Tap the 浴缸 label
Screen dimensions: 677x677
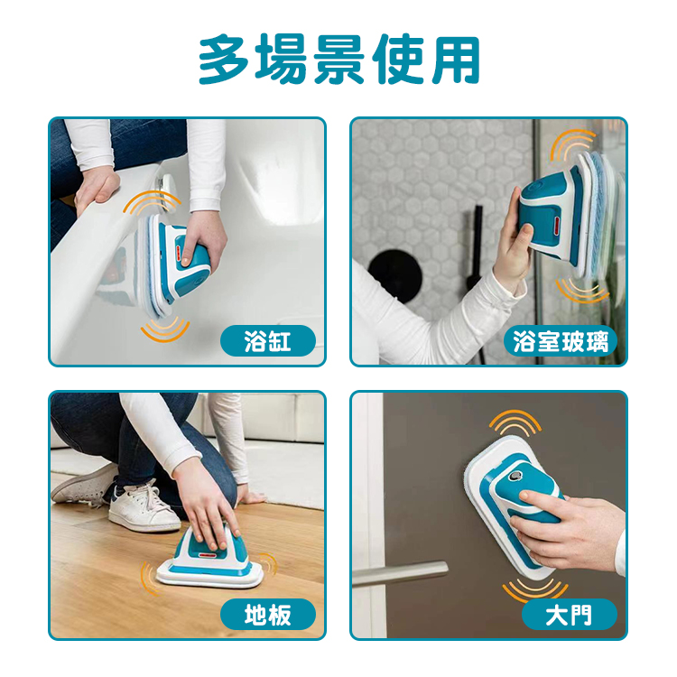pyautogui.click(x=268, y=341)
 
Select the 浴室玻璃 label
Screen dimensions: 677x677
pyautogui.click(x=561, y=341)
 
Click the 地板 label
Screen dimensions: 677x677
pyautogui.click(x=268, y=616)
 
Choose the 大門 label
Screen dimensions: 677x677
pyautogui.click(x=569, y=616)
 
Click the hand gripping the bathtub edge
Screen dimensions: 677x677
pyautogui.click(x=95, y=189)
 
